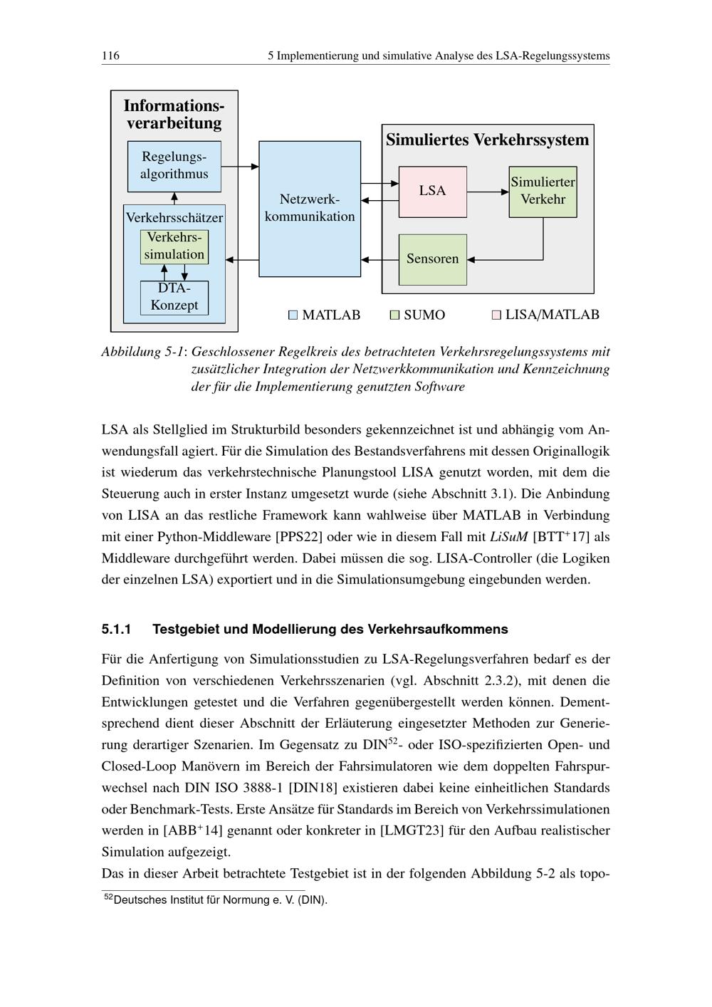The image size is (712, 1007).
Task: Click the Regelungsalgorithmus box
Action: (174, 166)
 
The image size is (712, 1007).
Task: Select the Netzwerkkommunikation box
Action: (310, 209)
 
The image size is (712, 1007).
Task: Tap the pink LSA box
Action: (432, 192)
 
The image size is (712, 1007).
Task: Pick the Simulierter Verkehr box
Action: (543, 192)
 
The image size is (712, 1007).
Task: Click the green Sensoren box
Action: (432, 259)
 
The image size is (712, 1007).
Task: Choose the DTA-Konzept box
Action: (174, 298)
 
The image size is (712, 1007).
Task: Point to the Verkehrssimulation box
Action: (174, 246)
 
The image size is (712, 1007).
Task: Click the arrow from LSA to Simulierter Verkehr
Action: (488, 192)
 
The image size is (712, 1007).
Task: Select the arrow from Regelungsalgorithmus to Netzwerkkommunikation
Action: (240, 167)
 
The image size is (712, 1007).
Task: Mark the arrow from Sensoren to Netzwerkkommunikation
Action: (379, 260)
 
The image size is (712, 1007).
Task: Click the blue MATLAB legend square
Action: (293, 315)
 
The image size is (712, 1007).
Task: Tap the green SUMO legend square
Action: (394, 315)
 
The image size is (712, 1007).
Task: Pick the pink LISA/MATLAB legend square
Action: (496, 315)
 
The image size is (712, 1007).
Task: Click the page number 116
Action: (110, 56)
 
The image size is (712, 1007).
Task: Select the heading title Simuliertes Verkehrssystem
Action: (488, 140)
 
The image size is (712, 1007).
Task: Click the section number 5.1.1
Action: (117, 630)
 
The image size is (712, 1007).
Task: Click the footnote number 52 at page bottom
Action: (108, 897)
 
